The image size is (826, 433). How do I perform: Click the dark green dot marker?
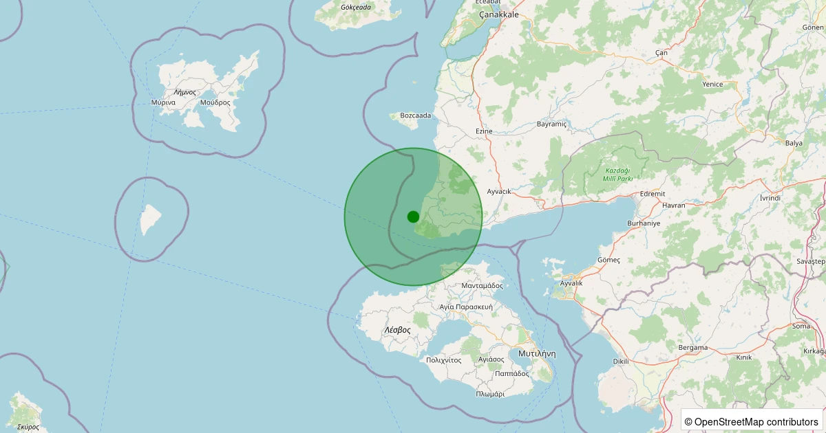pyautogui.click(x=413, y=216)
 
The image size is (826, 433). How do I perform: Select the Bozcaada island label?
pyautogui.click(x=415, y=115)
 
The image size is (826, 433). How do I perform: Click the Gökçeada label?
pyautogui.click(x=356, y=8)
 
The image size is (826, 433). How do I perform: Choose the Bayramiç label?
pyautogui.click(x=551, y=124)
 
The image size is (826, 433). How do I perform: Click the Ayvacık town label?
pyautogui.click(x=499, y=191)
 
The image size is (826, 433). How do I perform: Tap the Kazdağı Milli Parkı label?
pyautogui.click(x=617, y=174)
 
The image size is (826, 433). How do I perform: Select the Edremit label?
pyautogui.click(x=652, y=195)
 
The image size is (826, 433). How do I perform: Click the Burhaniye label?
pyautogui.click(x=644, y=224)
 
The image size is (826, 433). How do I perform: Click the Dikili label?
pyautogui.click(x=620, y=361)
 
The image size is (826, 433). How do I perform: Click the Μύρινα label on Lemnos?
pyautogui.click(x=163, y=102)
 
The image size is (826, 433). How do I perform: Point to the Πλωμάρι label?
pyautogui.click(x=490, y=395)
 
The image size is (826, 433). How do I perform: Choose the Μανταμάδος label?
pyautogui.click(x=482, y=285)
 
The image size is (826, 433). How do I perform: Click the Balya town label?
pyautogui.click(x=794, y=143)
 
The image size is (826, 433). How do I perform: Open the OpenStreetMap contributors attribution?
pyautogui.click(x=752, y=421)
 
